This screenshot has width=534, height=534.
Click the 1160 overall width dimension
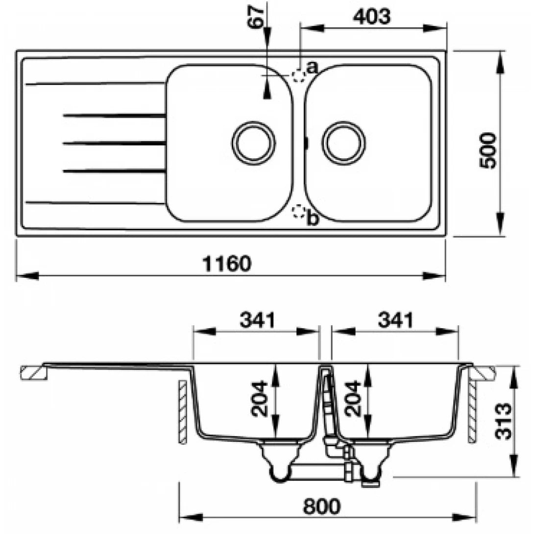[x=226, y=264]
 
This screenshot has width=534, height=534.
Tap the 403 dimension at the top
[x=372, y=17]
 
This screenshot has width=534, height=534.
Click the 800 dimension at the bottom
[x=321, y=506]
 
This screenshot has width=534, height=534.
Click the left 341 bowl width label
[x=257, y=320]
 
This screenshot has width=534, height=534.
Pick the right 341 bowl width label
[x=395, y=320]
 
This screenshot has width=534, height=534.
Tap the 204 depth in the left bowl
[x=259, y=398]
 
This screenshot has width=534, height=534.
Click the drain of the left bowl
[x=253, y=143]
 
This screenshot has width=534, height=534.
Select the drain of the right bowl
[x=343, y=143]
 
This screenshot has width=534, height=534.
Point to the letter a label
[x=312, y=67]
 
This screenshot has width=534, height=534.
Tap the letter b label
[x=312, y=219]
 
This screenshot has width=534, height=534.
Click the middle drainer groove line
[x=114, y=143]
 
